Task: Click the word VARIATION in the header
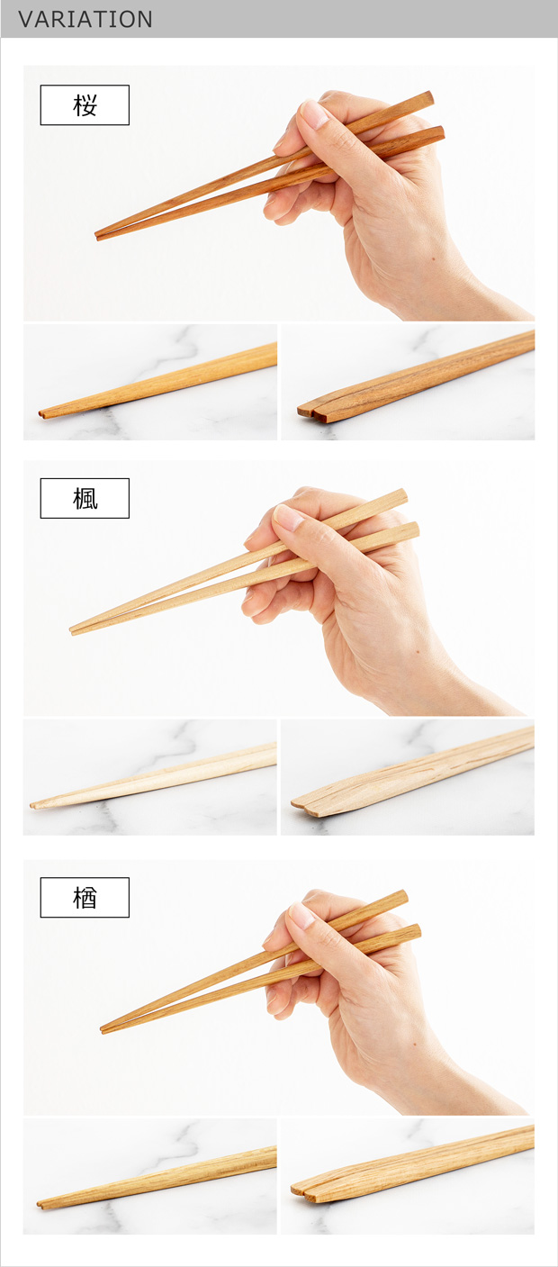tap(85, 19)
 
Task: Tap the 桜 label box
tap(85, 105)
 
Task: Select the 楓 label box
tap(85, 498)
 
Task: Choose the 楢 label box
tap(85, 898)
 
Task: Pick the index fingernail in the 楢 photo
tap(301, 916)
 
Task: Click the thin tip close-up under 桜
tap(150, 383)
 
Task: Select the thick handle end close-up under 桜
tap(408, 383)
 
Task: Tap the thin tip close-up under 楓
tap(150, 777)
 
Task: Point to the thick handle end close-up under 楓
tap(408, 777)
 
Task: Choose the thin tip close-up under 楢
tap(150, 1176)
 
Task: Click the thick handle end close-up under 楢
tap(408, 1176)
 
